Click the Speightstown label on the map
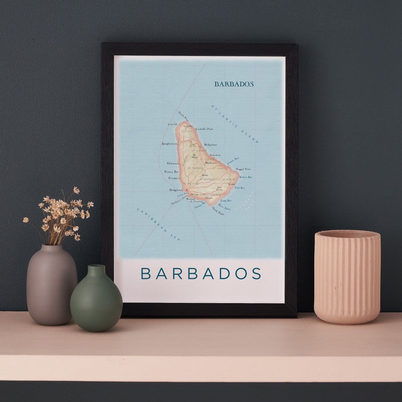pos(169,144)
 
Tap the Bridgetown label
pos(176,190)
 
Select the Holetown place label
pos(173,163)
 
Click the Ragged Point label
pos(243,169)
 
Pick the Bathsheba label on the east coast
pos(215,155)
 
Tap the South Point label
pos(218,211)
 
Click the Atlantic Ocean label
pos(235,124)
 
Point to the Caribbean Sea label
pos(158,224)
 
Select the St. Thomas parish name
pos(195,168)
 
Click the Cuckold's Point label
pos(204,129)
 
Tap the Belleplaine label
pos(211,144)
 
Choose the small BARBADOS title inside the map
pos(234,84)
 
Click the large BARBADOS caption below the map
pos(201,274)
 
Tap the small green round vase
pos(96,300)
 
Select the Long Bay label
pos(226,201)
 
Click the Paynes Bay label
pos(172,172)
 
